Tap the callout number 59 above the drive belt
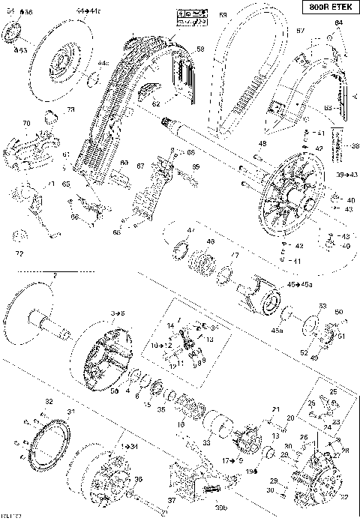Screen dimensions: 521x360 223,15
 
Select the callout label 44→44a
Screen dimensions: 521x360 87,11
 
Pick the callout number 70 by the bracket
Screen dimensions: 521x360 26,123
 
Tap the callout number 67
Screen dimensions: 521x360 140,166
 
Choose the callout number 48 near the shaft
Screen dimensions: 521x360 262,144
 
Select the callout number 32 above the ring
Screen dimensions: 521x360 49,402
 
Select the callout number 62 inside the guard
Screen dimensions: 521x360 156,103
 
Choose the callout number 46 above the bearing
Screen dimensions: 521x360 210,241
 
